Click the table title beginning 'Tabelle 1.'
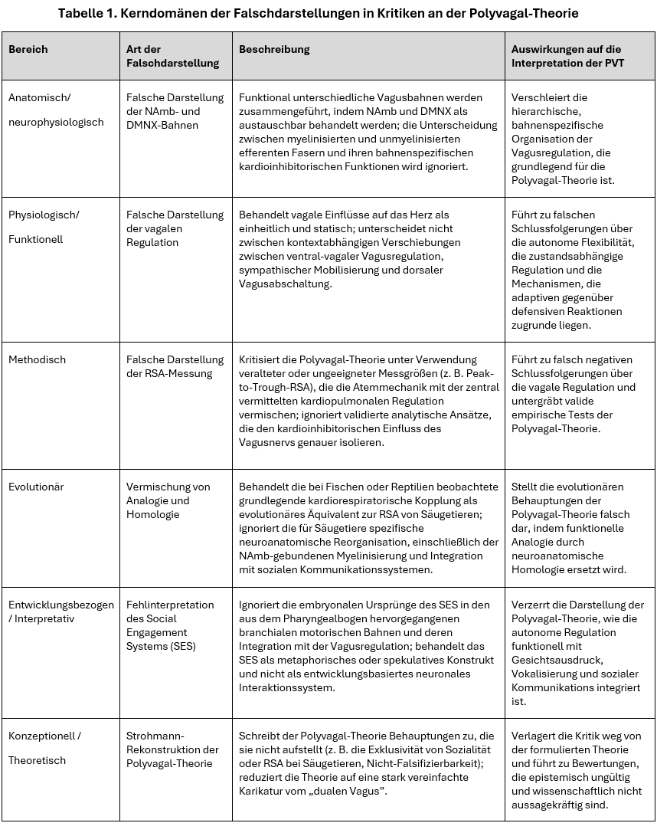click(328, 12)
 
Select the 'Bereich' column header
click(28, 49)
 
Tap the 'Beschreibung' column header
click(274, 49)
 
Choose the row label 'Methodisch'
click(38, 359)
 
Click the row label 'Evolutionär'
click(36, 487)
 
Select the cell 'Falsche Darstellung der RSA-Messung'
click(175, 366)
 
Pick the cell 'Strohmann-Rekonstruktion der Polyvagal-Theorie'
click(172, 749)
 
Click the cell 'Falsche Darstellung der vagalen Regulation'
click(175, 228)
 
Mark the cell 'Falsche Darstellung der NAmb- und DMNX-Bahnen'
click(175, 111)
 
